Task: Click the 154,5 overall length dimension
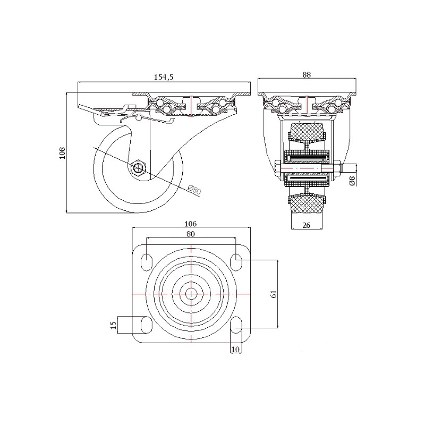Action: (x=164, y=77)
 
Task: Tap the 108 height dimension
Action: (x=63, y=153)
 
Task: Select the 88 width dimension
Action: (x=307, y=75)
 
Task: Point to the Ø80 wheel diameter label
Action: (x=194, y=190)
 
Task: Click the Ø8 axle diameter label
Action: (x=352, y=181)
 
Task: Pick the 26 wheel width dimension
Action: (x=307, y=225)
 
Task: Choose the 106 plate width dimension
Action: (x=190, y=224)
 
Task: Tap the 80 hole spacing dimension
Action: (x=191, y=234)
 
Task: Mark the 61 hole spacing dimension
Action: (x=274, y=294)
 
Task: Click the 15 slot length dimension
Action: (x=114, y=325)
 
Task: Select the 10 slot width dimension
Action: (x=235, y=350)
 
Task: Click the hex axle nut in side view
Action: (x=138, y=168)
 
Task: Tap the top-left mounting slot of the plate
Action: (x=147, y=261)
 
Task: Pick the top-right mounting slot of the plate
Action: (x=236, y=261)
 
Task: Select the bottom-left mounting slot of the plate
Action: (x=147, y=325)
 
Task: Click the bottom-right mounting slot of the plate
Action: (x=236, y=325)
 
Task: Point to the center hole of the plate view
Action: (x=191, y=294)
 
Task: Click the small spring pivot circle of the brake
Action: (x=139, y=117)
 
